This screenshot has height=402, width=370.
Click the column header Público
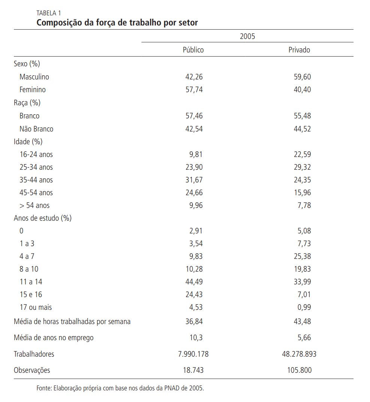pyautogui.click(x=193, y=50)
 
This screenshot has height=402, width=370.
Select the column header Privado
pyautogui.click(x=299, y=50)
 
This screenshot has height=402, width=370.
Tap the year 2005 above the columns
pyautogui.click(x=247, y=36)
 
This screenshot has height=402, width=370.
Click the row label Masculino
pyautogui.click(x=34, y=77)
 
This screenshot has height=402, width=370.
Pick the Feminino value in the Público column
pyautogui.click(x=194, y=90)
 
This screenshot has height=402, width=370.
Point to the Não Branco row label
pyautogui.click(x=36, y=129)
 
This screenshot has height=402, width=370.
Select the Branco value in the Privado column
pyautogui.click(x=302, y=116)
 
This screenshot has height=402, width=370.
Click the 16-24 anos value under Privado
pyautogui.click(x=302, y=154)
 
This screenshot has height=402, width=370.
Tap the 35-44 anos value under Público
pyautogui.click(x=194, y=180)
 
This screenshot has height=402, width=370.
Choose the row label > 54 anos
pyautogui.click(x=34, y=205)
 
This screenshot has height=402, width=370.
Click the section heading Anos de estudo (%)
pyautogui.click(x=42, y=218)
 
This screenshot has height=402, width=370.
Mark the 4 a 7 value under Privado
pyautogui.click(x=302, y=256)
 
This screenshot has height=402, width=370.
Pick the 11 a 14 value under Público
pyautogui.click(x=194, y=282)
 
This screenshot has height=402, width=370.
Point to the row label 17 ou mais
pyautogui.click(x=36, y=307)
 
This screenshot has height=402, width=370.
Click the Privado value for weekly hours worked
pyautogui.click(x=302, y=321)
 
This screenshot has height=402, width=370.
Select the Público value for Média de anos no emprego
pyautogui.click(x=196, y=338)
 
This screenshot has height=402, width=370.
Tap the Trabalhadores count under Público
pyautogui.click(x=193, y=354)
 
